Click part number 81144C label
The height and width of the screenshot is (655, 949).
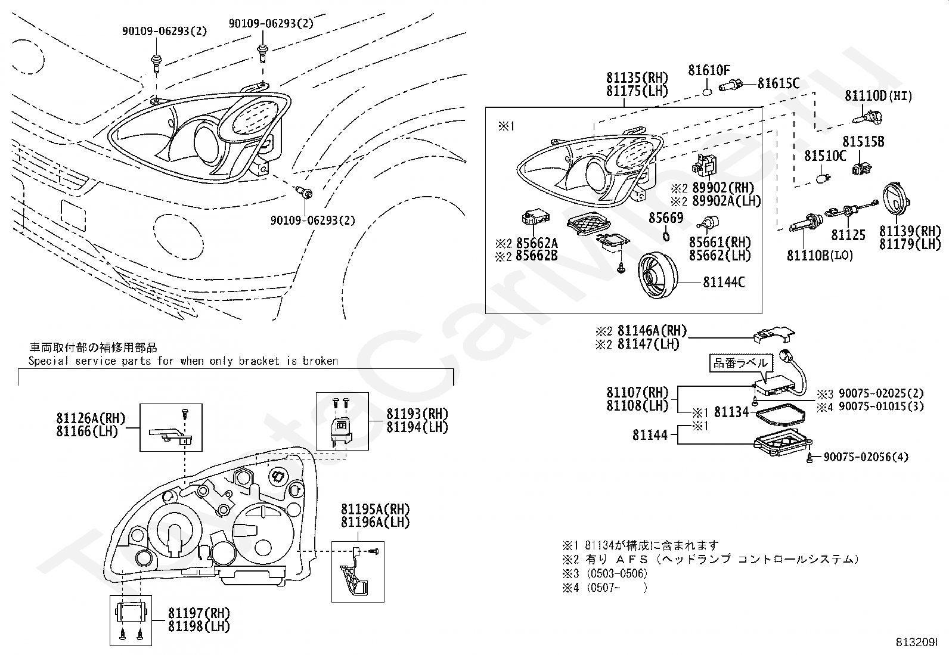point(724,282)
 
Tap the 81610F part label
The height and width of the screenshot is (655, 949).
point(709,70)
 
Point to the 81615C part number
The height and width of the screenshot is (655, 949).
point(779,83)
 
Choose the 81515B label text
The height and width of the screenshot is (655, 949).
point(863,142)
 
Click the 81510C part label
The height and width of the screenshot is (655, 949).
point(825,156)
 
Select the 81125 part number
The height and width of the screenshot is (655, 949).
point(848,235)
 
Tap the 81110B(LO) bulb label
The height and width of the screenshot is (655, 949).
point(820,256)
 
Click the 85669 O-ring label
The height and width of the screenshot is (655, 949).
point(666,218)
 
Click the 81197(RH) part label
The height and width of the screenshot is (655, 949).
point(199,613)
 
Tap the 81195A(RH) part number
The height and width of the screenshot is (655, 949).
point(376,509)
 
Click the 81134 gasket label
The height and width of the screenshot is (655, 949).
point(731,412)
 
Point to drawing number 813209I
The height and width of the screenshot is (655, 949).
point(916,642)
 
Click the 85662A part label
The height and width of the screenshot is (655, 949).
point(536,243)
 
